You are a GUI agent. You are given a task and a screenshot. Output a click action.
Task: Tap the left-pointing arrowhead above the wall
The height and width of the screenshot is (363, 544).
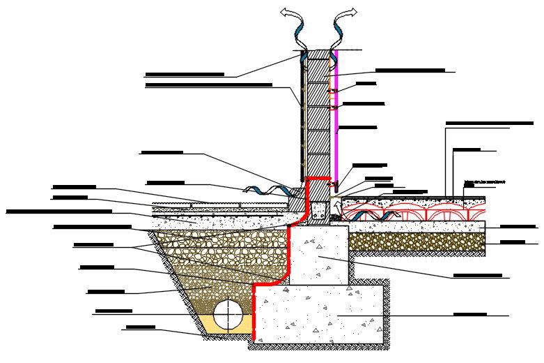click(286, 12)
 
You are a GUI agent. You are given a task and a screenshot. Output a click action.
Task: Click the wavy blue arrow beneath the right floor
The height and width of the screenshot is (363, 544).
click(382, 214)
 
